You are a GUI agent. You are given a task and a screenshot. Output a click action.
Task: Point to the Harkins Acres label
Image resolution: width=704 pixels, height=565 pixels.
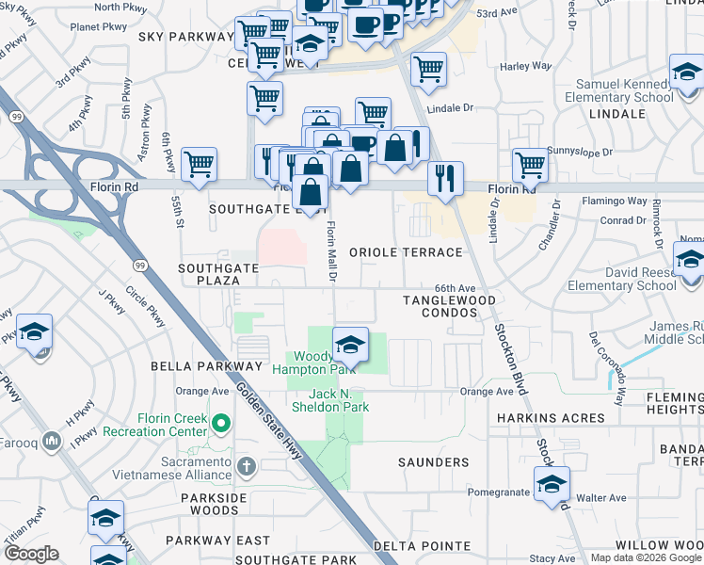[x=551, y=417]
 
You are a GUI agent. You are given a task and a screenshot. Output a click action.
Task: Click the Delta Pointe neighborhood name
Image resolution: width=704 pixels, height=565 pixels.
[x=422, y=546]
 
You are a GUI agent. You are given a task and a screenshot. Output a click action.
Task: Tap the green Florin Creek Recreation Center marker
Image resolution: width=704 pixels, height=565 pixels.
[x=221, y=425]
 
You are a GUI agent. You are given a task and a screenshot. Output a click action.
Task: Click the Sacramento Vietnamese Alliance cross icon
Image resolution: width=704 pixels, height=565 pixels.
[x=246, y=466]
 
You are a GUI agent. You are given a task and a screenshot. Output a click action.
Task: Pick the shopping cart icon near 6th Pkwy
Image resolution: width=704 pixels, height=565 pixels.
[x=200, y=164]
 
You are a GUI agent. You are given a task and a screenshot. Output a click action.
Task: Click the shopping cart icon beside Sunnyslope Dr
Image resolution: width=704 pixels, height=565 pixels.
[x=531, y=164]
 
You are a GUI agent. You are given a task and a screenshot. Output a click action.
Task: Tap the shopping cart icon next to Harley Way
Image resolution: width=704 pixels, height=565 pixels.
[x=428, y=68]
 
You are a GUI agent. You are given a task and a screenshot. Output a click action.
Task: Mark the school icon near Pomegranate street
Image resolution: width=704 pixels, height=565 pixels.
[x=552, y=484]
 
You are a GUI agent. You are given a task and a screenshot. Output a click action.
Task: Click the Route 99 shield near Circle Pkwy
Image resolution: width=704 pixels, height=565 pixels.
[x=139, y=266]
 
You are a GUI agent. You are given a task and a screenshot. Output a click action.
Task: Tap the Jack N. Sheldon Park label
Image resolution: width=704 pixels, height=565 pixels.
[x=326, y=400]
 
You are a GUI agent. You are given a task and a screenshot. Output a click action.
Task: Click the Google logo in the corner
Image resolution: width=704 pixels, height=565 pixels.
[x=31, y=554]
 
